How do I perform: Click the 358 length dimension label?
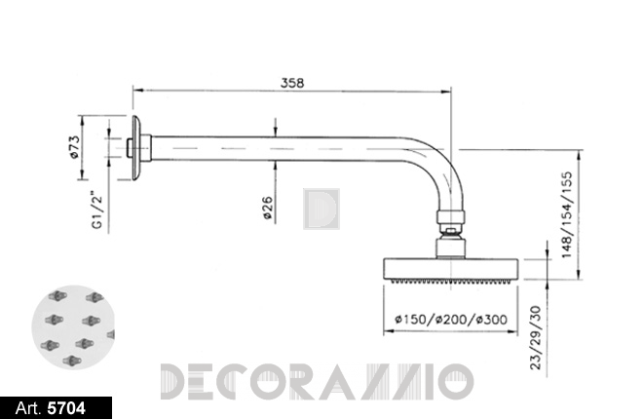pos(292,83)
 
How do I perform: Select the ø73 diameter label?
pos(74,147)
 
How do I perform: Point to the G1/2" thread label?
pos(96,209)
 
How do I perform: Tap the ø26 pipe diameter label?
pos(267,208)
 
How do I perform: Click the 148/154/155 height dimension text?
pos(566,214)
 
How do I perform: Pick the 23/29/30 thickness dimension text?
pos(536,337)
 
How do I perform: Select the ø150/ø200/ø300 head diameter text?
pos(451,319)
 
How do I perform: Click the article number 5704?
pos(66,408)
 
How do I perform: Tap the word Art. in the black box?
pos(28,408)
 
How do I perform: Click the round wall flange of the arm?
pos(136,147)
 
